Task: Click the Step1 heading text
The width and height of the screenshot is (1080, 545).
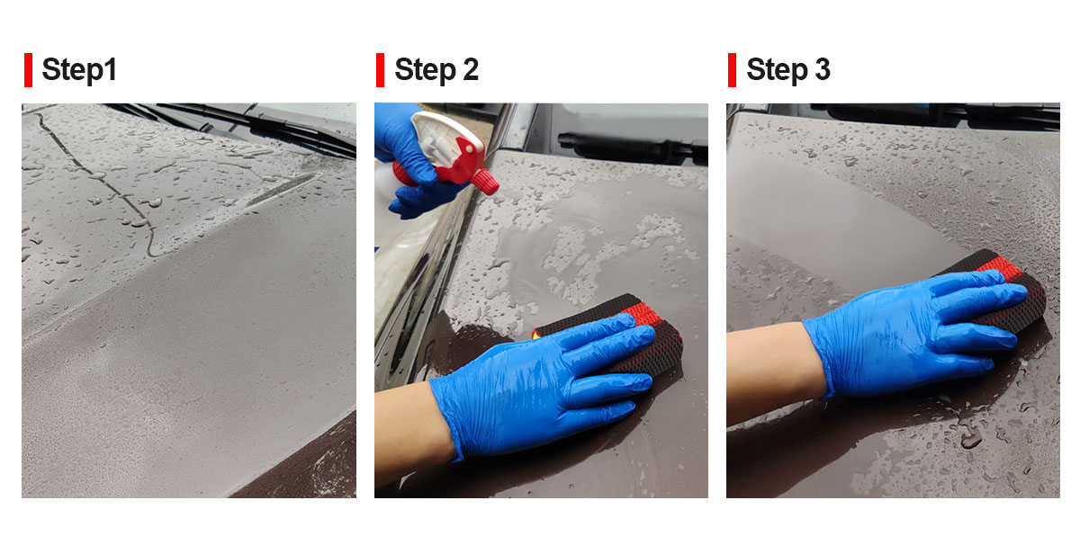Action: point(79,70)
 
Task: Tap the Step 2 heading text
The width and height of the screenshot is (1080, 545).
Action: point(436,70)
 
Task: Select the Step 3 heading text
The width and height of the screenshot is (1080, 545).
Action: point(788,70)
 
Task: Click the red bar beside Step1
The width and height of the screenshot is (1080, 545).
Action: point(29,70)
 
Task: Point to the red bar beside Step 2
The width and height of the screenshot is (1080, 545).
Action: point(381,70)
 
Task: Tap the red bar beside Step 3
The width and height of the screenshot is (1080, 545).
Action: point(733,70)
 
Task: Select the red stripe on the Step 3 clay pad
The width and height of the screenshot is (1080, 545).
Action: point(1005,270)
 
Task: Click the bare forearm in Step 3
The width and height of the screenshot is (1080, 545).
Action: point(771,371)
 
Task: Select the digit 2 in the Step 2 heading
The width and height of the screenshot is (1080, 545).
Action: point(471,70)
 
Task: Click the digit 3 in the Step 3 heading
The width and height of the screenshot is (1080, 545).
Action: point(823,70)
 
